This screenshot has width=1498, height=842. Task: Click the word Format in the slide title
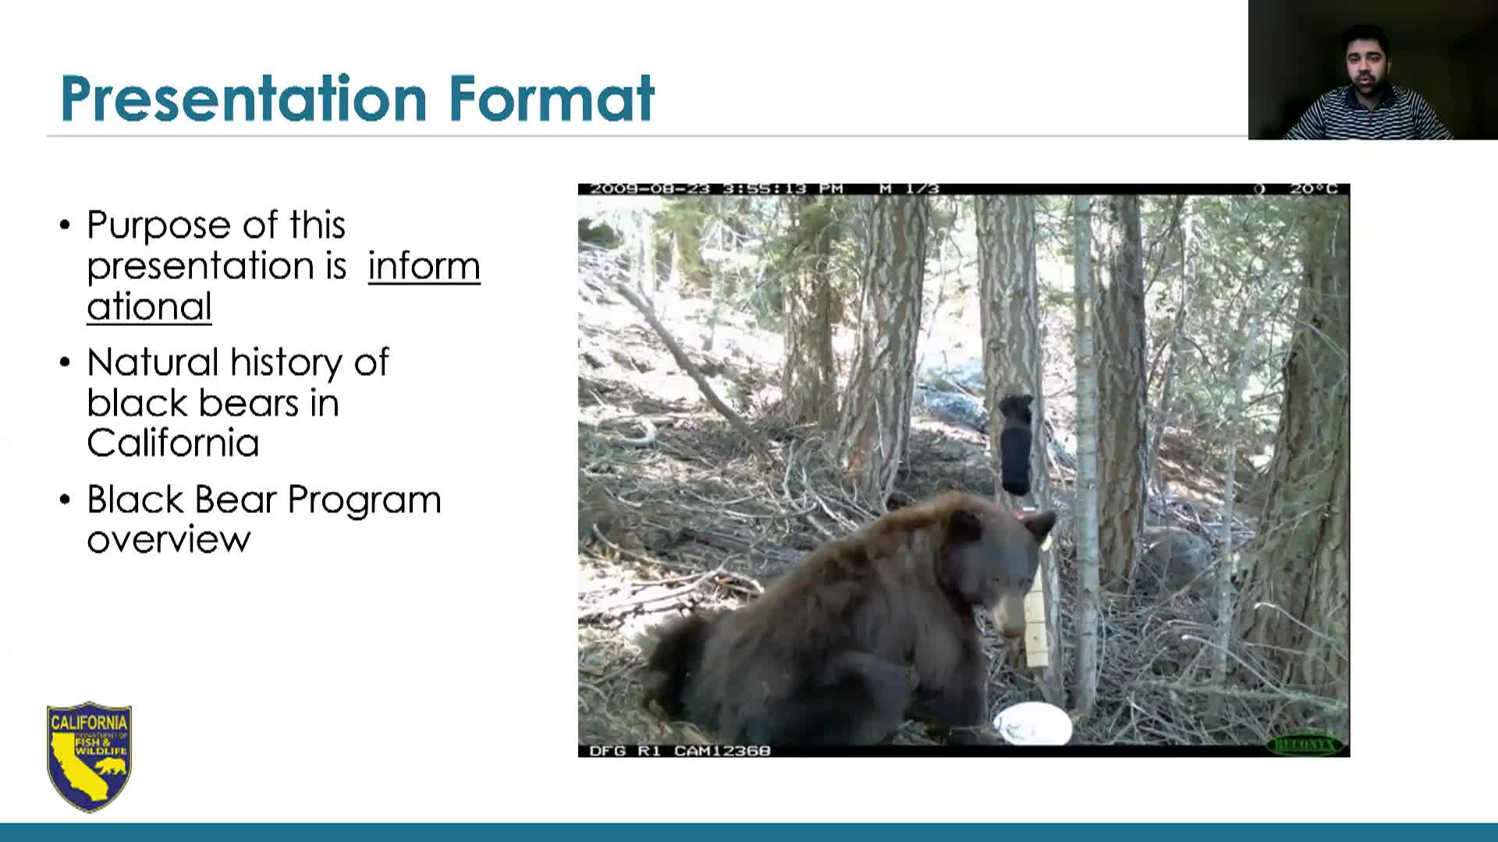(551, 99)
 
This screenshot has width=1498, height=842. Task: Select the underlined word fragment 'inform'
(424, 267)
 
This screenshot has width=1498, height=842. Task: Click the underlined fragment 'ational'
(149, 307)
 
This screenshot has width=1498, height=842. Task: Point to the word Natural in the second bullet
(153, 363)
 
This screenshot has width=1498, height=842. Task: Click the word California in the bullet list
(172, 444)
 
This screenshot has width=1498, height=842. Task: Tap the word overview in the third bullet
(169, 540)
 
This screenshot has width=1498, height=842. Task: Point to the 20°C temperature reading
(1314, 189)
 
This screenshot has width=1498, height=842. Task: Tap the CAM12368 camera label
(722, 751)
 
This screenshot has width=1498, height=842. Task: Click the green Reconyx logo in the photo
(1305, 745)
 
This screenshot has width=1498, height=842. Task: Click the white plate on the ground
(1032, 724)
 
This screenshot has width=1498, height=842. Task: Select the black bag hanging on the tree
(1015, 444)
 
